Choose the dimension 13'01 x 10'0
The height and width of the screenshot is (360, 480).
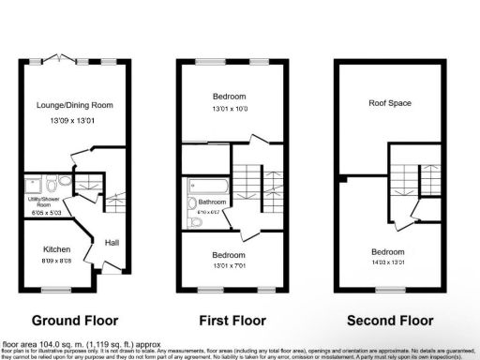229,109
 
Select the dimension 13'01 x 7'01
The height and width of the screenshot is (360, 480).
229,265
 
